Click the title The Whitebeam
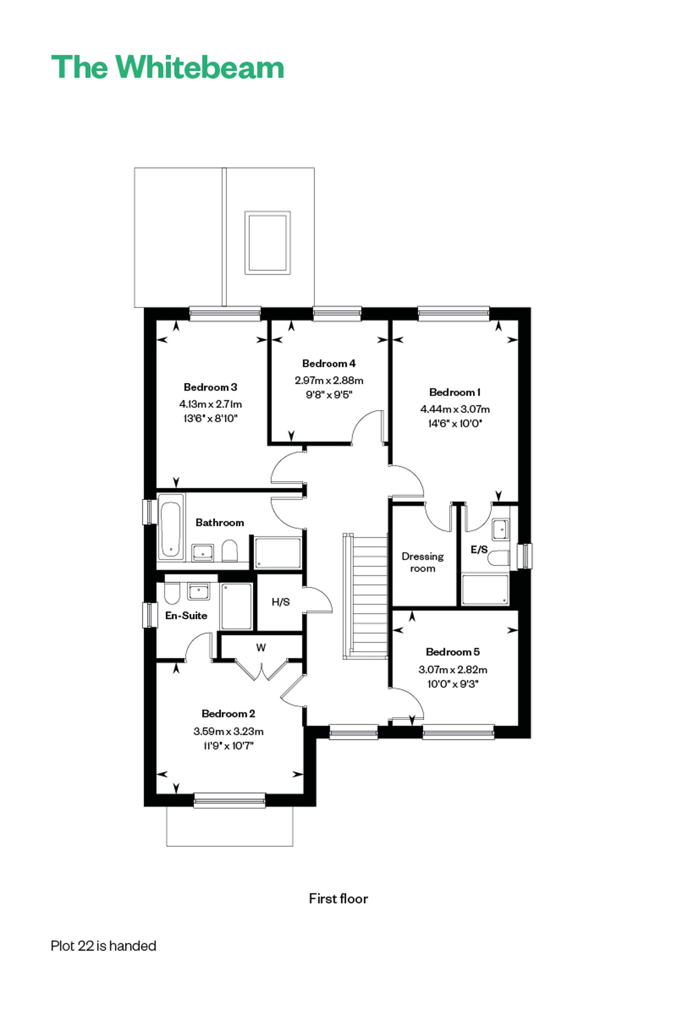coord(167,67)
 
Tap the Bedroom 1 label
coord(454,392)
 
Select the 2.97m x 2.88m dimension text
coord(329,380)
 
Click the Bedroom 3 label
coord(210,387)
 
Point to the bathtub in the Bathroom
coord(171,528)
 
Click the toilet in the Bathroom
coord(230,550)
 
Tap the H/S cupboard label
coord(280,602)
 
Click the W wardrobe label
coord(261,647)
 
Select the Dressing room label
coord(422,562)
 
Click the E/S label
coord(479,549)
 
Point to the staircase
coord(366,596)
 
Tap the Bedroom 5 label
coord(453,652)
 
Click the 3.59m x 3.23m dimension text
coord(228,731)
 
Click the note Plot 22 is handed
coord(103,946)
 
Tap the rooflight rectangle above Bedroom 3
coord(268,243)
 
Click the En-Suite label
coord(186,615)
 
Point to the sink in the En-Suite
coord(199,591)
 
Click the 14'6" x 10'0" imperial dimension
coord(455,423)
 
